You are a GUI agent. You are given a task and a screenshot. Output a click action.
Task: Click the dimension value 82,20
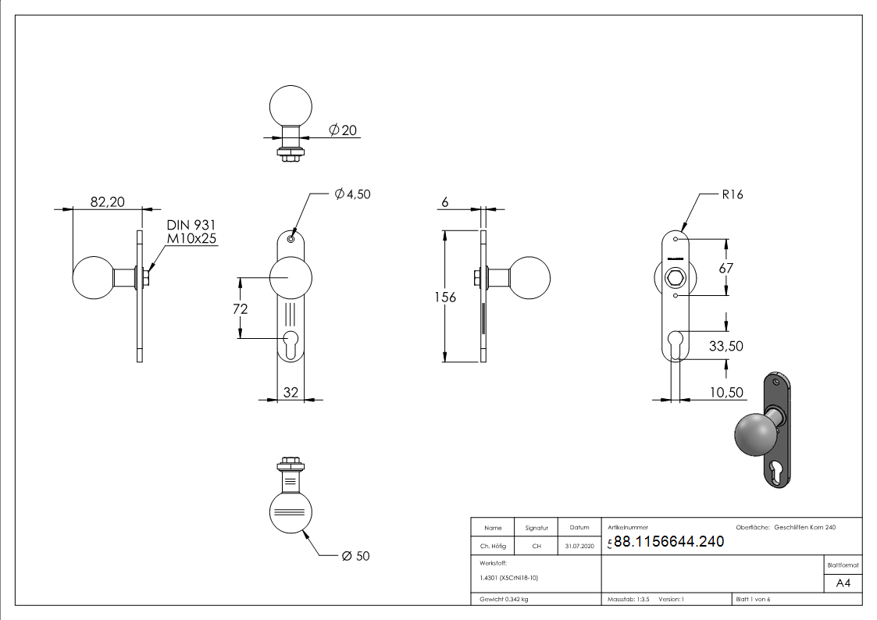pyautogui.click(x=107, y=201)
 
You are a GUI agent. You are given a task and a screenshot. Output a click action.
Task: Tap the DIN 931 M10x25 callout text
pyautogui.click(x=191, y=232)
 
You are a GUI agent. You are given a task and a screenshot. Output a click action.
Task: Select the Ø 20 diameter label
pyautogui.click(x=343, y=130)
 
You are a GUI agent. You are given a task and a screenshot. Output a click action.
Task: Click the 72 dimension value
pyautogui.click(x=240, y=308)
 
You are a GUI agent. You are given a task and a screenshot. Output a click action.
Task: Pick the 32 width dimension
pyautogui.click(x=291, y=392)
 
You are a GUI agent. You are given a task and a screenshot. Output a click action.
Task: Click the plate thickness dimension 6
pyautogui.click(x=445, y=201)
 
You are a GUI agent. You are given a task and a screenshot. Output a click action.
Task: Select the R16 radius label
pyautogui.click(x=732, y=194)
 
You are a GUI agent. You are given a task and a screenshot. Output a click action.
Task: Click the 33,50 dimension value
pyautogui.click(x=725, y=346)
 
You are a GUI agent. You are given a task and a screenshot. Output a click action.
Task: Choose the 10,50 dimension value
pyautogui.click(x=725, y=392)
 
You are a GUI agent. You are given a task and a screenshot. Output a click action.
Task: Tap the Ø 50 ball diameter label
pyautogui.click(x=355, y=556)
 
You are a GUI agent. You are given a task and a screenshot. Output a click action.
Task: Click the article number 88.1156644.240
pyautogui.click(x=668, y=542)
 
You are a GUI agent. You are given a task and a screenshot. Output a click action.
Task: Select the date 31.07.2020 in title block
pyautogui.click(x=579, y=547)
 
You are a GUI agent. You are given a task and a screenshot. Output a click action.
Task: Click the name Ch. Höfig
pyautogui.click(x=492, y=547)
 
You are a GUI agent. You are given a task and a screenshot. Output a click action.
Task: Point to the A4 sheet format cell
pyautogui.click(x=843, y=583)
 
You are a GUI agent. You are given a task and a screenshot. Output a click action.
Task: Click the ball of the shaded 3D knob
pyautogui.click(x=755, y=434)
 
